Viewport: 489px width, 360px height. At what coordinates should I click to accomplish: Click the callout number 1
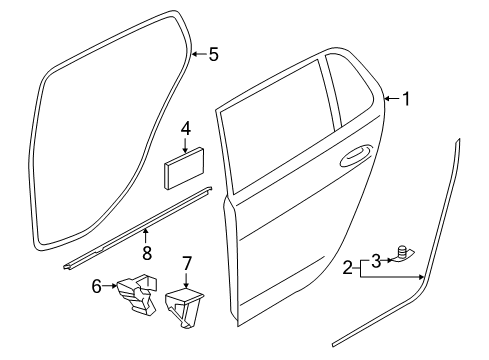click(406, 99)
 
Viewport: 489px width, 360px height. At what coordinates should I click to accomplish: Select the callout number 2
click(347, 268)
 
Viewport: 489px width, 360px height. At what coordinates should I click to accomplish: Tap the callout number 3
click(376, 261)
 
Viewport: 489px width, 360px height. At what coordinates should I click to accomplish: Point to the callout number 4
click(186, 128)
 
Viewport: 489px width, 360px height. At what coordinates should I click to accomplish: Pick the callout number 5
click(214, 54)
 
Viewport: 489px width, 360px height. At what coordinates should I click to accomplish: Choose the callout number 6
click(97, 286)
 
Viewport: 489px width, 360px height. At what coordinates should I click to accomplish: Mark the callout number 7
click(186, 263)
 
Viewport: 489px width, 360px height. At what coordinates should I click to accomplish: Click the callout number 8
click(147, 253)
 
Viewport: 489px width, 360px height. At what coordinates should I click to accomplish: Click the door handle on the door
click(356, 155)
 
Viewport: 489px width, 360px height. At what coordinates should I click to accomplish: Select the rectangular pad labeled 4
click(184, 168)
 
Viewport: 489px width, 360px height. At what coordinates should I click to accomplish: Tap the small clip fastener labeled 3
click(404, 253)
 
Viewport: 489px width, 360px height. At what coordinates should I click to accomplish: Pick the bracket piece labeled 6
click(137, 294)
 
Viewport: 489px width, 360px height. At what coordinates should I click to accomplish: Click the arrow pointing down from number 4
click(185, 145)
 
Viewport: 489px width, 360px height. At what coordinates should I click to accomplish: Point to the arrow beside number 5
click(200, 54)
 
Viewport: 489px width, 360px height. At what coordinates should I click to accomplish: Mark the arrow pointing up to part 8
click(145, 236)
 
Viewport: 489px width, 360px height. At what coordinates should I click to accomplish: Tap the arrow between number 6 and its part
click(109, 286)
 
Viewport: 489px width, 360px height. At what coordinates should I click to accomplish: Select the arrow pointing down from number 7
click(186, 280)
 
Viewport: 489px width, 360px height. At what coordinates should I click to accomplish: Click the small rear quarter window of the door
click(353, 89)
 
